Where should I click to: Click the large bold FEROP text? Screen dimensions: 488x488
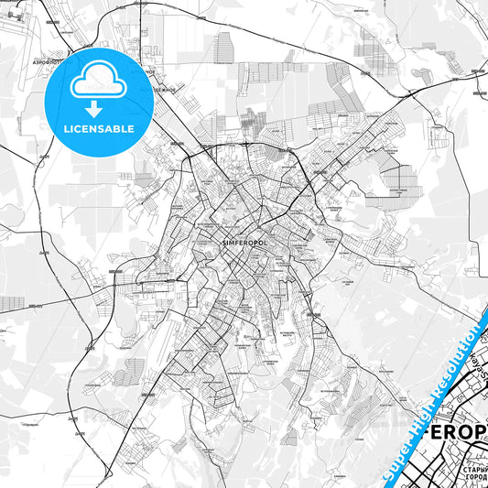[454, 432]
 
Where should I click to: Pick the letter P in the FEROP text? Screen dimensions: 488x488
[481, 432]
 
